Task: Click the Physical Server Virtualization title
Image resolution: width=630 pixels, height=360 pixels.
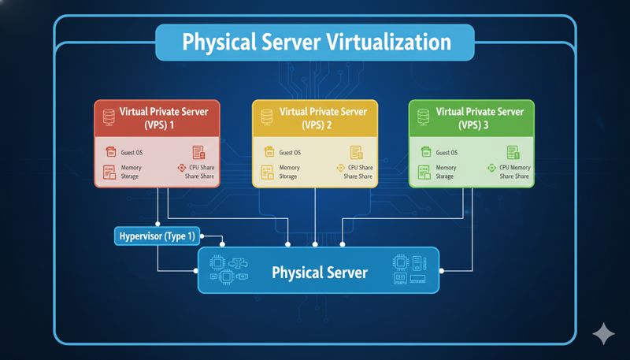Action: (x=315, y=42)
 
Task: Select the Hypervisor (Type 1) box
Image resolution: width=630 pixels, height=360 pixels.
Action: (x=157, y=235)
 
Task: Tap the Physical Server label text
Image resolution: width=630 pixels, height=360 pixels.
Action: (x=319, y=273)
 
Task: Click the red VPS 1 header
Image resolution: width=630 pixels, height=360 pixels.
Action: (x=157, y=117)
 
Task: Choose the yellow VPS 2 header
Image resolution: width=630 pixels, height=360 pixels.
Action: (x=315, y=117)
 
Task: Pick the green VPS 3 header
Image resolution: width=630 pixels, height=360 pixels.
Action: (x=472, y=117)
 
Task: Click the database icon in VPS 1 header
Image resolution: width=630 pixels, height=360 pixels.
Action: (x=108, y=117)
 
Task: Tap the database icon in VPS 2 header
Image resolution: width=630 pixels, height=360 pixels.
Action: (x=266, y=117)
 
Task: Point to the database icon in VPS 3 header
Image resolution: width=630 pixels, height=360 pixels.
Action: (x=423, y=117)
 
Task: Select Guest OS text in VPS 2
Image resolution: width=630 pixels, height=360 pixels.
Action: (x=290, y=153)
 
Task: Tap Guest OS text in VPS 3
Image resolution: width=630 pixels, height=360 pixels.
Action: (x=447, y=153)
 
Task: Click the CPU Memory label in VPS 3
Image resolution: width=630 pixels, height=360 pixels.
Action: (x=515, y=168)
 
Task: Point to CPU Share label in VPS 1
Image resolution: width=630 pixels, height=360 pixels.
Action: (x=199, y=168)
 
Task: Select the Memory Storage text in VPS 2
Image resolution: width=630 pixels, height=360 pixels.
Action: (x=289, y=172)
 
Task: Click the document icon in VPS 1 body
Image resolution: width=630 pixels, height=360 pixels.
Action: (x=198, y=152)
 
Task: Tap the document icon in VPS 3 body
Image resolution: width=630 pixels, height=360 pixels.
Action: (x=513, y=152)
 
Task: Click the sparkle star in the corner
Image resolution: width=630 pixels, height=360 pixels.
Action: (x=603, y=334)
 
